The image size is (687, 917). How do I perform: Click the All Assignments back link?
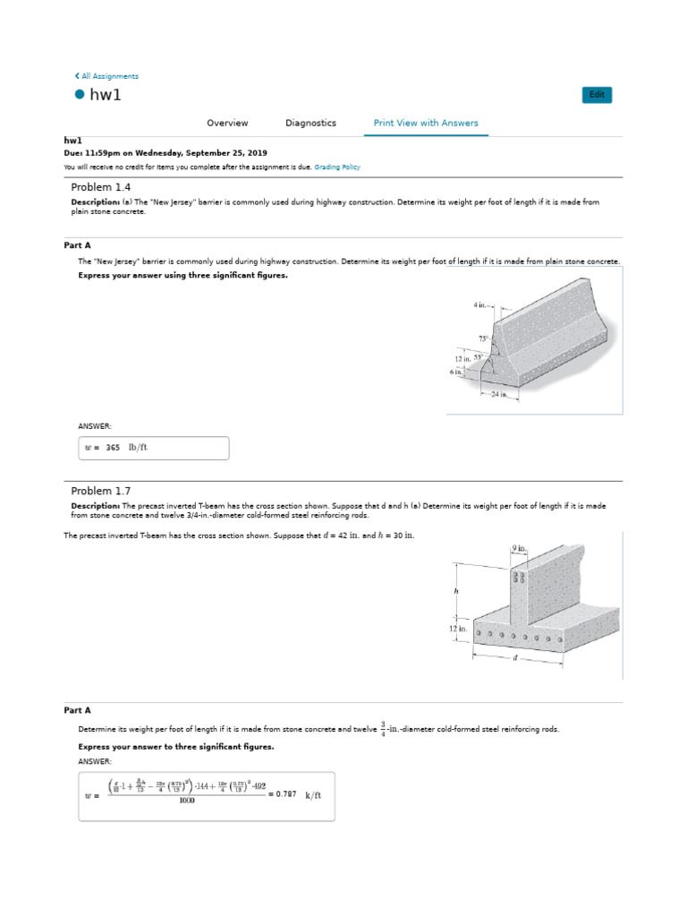[106, 76]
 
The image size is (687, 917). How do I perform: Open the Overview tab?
[227, 123]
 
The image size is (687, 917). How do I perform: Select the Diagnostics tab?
[310, 123]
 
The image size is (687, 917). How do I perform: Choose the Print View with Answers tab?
[426, 123]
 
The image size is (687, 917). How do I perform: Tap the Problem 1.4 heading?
[101, 187]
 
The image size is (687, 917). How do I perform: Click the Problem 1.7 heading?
[101, 491]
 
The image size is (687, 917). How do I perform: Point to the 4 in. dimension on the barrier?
[481, 305]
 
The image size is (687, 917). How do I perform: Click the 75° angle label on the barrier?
[483, 339]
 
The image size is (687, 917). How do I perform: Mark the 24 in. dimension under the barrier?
[498, 394]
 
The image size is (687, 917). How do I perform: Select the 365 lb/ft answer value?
[113, 447]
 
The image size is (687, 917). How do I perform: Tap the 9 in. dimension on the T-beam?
[518, 548]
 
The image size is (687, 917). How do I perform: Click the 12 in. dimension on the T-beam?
[458, 630]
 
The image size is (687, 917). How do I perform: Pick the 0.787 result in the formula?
[285, 793]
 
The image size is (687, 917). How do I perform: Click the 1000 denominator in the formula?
[186, 801]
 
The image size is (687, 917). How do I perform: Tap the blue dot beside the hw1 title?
[79, 95]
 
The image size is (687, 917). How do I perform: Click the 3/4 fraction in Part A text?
[383, 729]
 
